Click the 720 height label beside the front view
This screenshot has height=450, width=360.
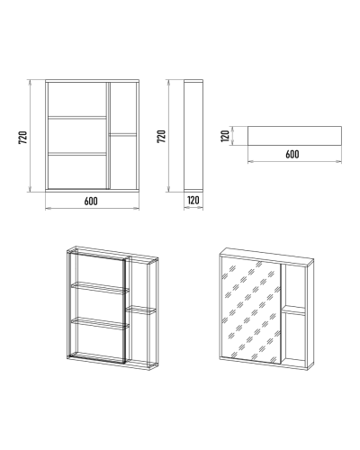(x=23, y=137)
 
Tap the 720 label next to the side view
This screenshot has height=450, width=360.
(x=162, y=136)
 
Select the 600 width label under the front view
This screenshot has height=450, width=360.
(x=91, y=201)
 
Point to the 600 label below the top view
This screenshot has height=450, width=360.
(x=292, y=154)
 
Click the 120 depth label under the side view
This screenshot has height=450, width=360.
(x=193, y=200)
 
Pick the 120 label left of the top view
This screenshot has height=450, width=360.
(x=225, y=136)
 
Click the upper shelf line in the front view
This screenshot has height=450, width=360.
(x=77, y=117)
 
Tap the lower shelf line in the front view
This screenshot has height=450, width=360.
(x=77, y=154)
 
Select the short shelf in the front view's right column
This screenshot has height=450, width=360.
(x=123, y=135)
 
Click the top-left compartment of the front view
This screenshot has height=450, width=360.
(x=77, y=99)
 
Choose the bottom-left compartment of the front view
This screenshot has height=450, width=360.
(x=77, y=172)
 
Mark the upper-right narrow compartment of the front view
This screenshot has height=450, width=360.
(x=123, y=108)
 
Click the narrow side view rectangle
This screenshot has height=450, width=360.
(x=193, y=136)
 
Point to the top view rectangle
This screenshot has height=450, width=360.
(x=294, y=136)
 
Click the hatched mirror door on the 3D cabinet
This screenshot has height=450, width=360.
(x=250, y=310)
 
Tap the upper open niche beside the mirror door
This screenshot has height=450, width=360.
(x=295, y=286)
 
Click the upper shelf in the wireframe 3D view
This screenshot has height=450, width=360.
(x=100, y=287)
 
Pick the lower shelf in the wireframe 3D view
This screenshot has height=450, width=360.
(x=100, y=323)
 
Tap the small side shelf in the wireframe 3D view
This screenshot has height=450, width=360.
(x=140, y=310)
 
